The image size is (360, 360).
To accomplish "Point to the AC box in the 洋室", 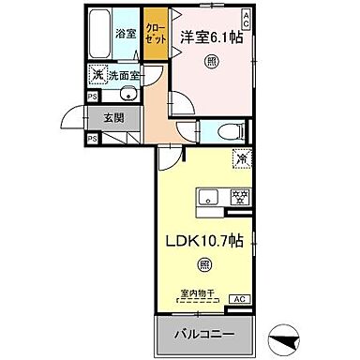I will click(246, 17).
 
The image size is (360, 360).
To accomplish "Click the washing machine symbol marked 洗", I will click(97, 75).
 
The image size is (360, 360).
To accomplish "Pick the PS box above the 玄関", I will click(92, 95).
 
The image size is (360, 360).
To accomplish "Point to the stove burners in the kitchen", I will click(240, 198).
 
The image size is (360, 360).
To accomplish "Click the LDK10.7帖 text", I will click(204, 240).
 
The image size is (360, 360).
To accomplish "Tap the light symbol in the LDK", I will click(203, 265).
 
